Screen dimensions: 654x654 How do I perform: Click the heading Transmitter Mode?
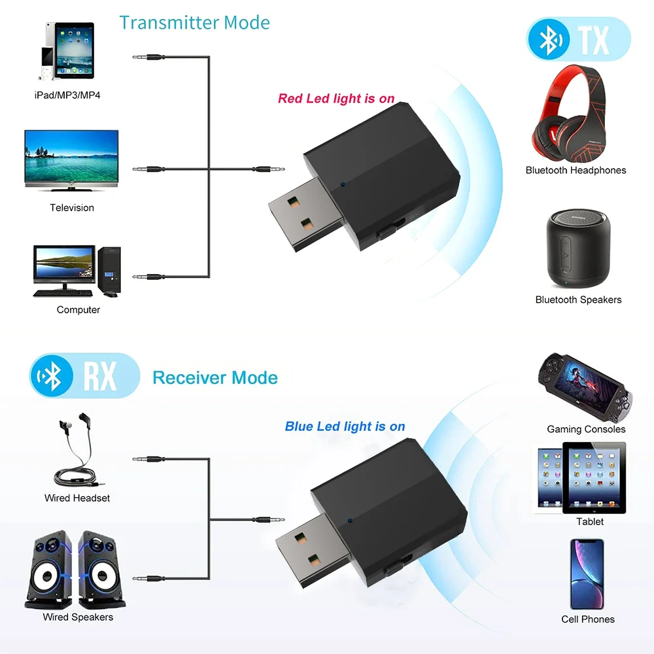(x=194, y=22)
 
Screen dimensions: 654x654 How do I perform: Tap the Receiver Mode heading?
(x=215, y=377)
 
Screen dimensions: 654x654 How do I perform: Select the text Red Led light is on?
(x=336, y=99)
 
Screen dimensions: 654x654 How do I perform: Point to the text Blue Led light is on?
(x=345, y=426)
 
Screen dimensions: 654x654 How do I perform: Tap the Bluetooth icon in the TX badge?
(x=549, y=41)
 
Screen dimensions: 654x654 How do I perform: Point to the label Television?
(x=72, y=208)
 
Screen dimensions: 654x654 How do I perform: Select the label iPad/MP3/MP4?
(x=67, y=95)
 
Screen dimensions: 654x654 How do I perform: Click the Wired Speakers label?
(x=78, y=617)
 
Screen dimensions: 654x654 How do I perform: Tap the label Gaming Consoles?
(x=586, y=429)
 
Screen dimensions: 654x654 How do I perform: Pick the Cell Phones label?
(x=588, y=619)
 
